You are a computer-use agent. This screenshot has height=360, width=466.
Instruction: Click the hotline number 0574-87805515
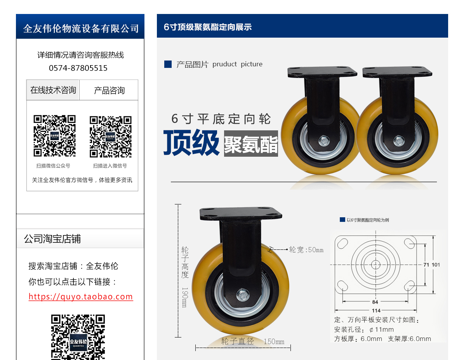pos(78,68)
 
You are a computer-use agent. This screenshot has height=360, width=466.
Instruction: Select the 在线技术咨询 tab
pos(53,90)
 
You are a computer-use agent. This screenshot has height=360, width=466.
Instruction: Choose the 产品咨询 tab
pos(109,90)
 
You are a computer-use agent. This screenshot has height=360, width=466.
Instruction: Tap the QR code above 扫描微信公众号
pos(54,136)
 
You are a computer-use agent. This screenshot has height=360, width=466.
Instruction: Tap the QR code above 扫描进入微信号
pos(111,137)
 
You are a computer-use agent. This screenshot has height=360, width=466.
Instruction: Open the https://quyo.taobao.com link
pos(81,297)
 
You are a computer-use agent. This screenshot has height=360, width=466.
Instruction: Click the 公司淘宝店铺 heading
pos(52,239)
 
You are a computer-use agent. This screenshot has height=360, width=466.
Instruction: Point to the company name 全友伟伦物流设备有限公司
pos(81,28)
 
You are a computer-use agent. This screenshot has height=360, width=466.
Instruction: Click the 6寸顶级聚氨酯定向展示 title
pos(208,27)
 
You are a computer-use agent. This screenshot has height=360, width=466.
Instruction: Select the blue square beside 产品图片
pos(168,64)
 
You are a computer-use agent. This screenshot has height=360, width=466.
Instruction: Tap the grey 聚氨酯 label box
pos(251,144)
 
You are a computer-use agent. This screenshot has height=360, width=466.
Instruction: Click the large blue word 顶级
pos(191,142)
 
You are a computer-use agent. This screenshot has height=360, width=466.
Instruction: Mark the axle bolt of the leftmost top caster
pos(324,141)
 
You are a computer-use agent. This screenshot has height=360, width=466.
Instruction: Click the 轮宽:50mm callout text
pos(306,250)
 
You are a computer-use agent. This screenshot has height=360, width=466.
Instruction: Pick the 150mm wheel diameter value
pos(274,342)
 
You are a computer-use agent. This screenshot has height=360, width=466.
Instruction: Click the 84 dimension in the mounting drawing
pos(375,302)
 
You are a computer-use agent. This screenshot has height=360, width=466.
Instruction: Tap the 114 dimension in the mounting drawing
pos(376,310)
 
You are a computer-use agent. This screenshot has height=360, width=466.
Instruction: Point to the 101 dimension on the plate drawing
pos(436,265)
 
